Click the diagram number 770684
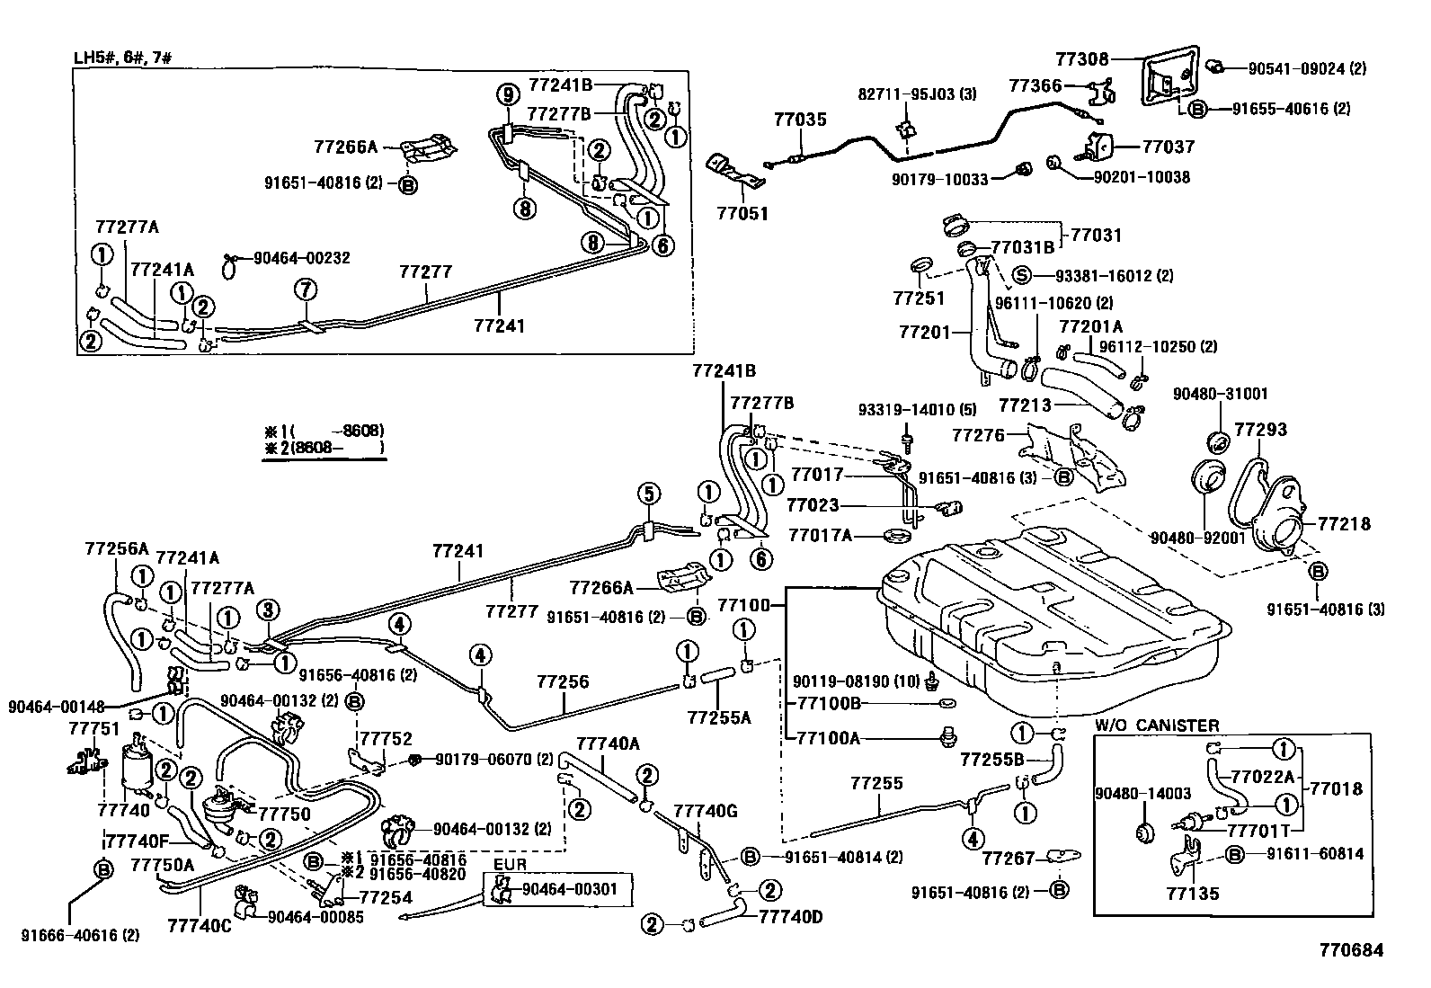(x=1351, y=949)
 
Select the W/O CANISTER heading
(x=1157, y=725)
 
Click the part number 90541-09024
(x=1300, y=67)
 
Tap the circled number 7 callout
(x=306, y=289)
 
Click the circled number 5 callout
(x=649, y=493)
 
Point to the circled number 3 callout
(x=268, y=610)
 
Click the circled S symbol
(x=1021, y=276)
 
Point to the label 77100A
(x=829, y=738)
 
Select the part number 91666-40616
(x=81, y=935)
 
